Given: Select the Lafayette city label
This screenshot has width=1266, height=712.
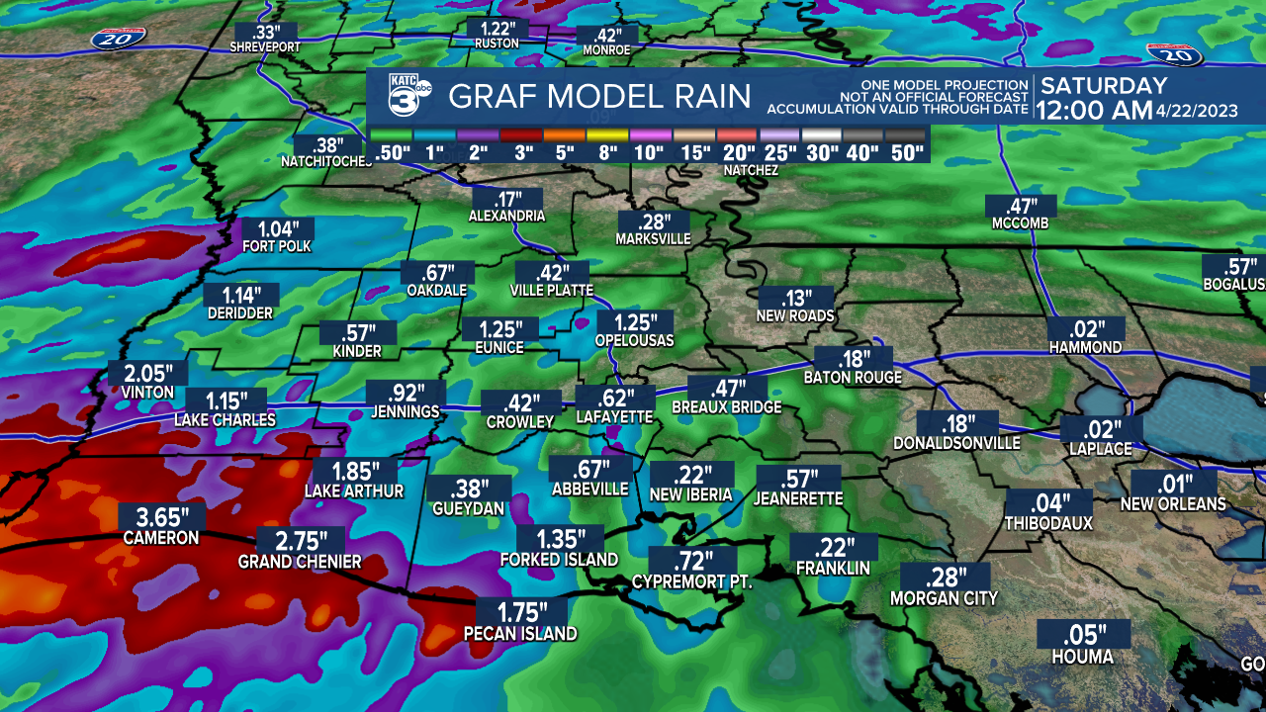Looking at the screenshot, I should click(614, 418).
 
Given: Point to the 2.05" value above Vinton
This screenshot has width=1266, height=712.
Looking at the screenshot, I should click(148, 374).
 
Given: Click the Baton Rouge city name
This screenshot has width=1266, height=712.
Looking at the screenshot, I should click(853, 378).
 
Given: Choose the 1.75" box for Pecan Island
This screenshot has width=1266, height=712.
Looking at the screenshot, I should click(520, 613).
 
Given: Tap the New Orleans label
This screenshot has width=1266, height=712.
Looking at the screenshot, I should click(1173, 504).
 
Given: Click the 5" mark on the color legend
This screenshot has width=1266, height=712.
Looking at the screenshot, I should click(566, 153).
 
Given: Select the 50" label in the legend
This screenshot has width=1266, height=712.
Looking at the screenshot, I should click(906, 153).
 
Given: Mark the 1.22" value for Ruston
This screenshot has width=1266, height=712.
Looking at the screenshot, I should click(498, 28).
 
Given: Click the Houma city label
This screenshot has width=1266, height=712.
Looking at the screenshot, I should click(1082, 658).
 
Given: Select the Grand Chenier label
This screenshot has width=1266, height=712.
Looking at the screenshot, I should click(300, 563).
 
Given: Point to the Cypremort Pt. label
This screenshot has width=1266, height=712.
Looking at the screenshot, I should click(692, 582).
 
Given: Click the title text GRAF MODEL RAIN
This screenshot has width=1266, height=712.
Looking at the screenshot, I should click(600, 97).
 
